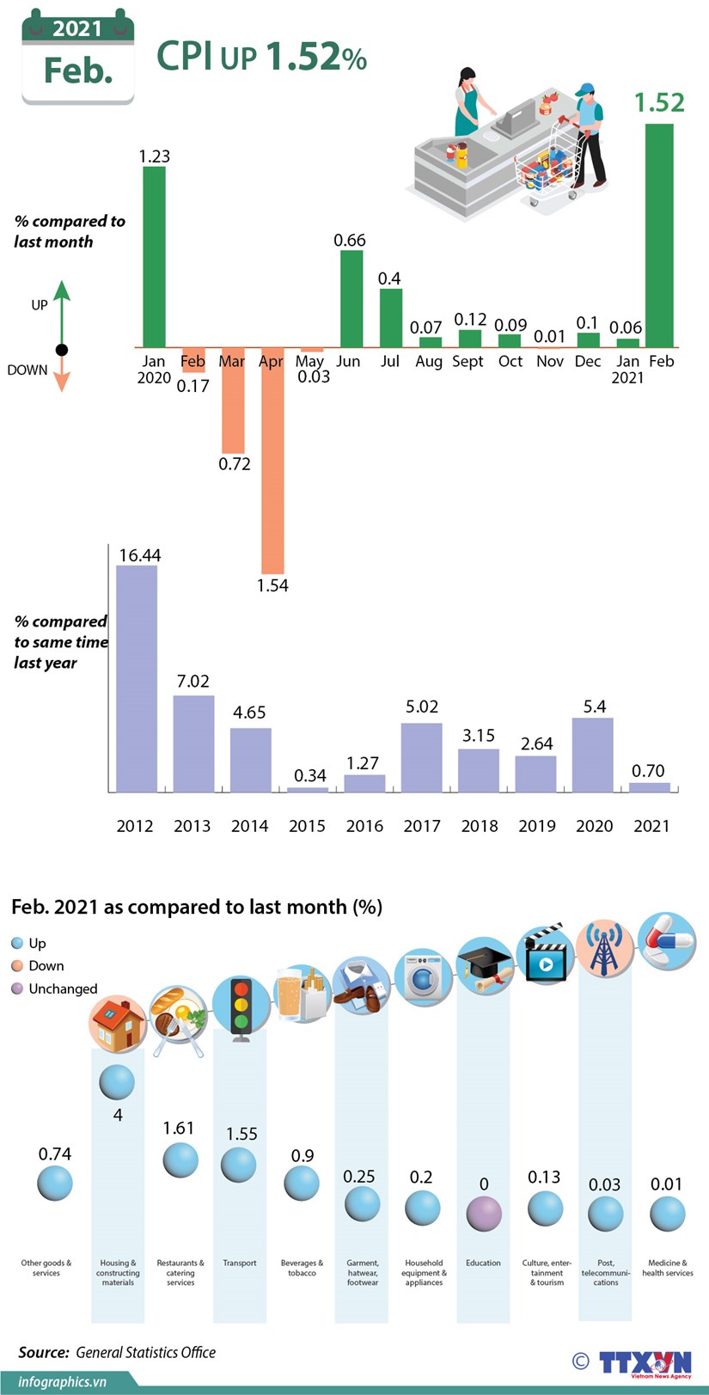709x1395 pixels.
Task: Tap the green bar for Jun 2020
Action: (351, 298)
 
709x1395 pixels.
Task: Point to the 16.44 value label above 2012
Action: (139, 555)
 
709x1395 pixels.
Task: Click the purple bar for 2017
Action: (421, 757)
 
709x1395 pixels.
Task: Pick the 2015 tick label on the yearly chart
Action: (307, 826)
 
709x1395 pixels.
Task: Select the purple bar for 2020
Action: (592, 755)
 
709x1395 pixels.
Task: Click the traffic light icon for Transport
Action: (240, 1007)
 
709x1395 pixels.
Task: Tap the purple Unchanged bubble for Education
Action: (484, 1213)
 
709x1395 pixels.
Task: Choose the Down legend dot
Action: (17, 966)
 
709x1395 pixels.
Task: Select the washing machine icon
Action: (423, 978)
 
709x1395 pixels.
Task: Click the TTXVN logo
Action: (645, 1363)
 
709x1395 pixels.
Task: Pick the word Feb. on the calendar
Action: (78, 70)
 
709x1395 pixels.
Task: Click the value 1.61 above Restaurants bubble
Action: (179, 1128)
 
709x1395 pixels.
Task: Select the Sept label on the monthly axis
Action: (468, 361)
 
